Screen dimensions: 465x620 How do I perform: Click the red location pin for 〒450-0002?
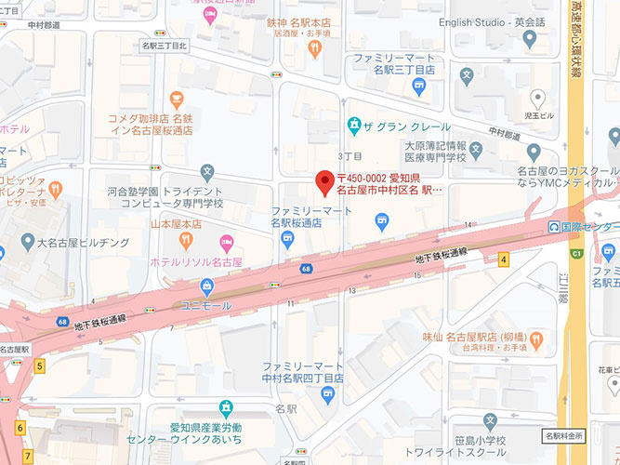pos(324,182)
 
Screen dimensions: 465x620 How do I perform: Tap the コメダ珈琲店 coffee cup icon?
pos(177,99)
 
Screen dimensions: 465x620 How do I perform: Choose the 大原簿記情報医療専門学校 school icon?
pos(476,149)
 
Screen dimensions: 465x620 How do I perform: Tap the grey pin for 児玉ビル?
pos(536,97)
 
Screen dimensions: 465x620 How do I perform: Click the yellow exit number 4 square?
pos(504,260)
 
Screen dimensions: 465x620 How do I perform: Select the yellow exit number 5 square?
pos(40,366)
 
